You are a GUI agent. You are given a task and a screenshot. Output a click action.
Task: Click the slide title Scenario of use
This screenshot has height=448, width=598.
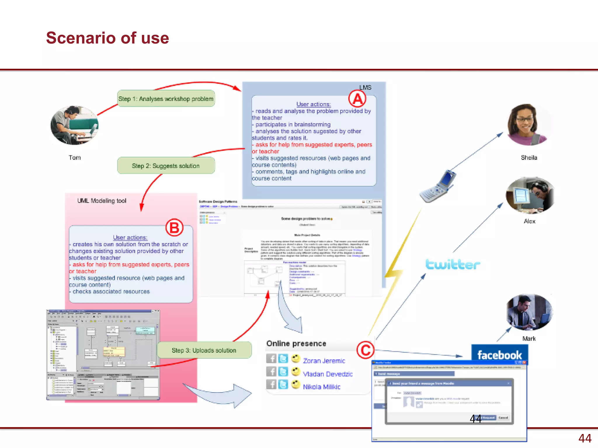(107, 38)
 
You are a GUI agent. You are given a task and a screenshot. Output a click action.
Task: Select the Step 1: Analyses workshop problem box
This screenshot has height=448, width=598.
(166, 99)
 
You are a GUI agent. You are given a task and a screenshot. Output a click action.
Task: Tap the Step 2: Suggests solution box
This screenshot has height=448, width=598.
(166, 166)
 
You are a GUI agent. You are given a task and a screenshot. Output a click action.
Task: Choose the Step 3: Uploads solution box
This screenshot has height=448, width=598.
(204, 350)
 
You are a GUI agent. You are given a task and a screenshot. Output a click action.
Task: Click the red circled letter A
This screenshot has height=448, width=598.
(357, 99)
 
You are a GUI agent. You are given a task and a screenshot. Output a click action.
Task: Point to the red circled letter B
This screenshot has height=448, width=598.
(174, 228)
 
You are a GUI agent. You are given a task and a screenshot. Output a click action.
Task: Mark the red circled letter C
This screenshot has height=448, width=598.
(365, 350)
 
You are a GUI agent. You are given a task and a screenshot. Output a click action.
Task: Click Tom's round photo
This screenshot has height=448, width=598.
(74, 125)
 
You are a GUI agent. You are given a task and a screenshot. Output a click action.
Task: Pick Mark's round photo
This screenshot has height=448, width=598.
(529, 312)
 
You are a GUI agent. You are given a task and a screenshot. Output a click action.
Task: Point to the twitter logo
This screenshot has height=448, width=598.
(453, 264)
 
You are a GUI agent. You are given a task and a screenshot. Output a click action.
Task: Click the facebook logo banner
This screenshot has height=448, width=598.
(500, 354)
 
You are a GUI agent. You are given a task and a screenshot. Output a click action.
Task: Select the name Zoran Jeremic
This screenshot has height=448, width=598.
(324, 361)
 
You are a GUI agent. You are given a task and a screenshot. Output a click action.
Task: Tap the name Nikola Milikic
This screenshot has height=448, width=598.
(321, 387)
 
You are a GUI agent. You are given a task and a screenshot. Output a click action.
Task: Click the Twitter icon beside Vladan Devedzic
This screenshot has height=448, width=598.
(283, 372)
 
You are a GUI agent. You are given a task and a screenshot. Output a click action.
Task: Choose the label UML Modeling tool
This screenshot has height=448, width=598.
(102, 201)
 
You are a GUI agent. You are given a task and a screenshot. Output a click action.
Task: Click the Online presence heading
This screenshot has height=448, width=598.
(296, 344)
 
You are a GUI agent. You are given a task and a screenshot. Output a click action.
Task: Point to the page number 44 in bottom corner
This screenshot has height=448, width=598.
(585, 438)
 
